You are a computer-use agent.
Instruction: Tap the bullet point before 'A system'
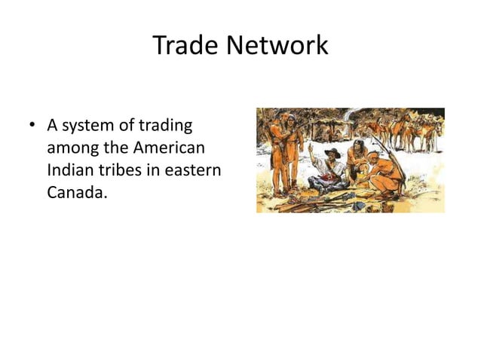click(x=33, y=125)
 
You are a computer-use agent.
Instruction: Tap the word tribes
click(x=122, y=170)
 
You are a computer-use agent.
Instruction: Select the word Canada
click(x=76, y=193)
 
